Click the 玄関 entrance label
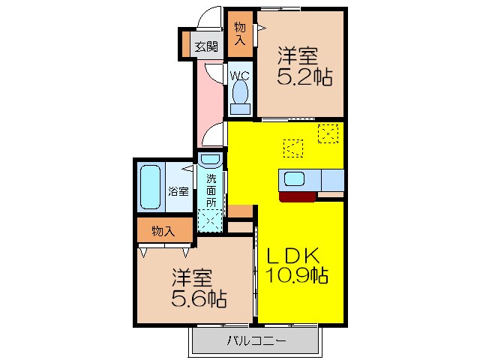click(206, 46)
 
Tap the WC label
click(240, 75)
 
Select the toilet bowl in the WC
click(240, 94)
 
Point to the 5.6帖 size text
click(199, 298)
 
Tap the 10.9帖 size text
click(297, 275)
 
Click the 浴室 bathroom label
click(178, 190)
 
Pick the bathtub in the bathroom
click(150, 187)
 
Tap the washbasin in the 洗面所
click(211, 160)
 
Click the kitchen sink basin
click(294, 180)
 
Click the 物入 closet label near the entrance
click(240, 34)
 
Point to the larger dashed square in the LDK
click(328, 133)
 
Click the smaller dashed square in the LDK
click(292, 148)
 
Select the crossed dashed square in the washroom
click(210, 220)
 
